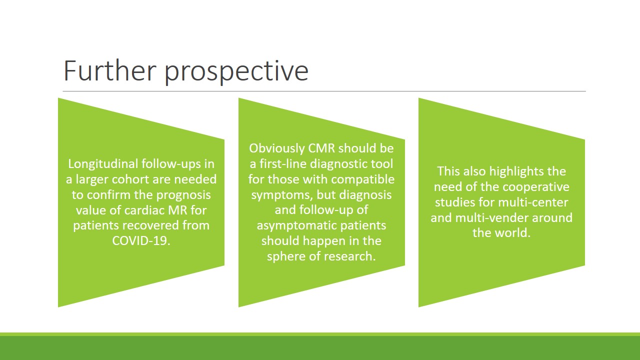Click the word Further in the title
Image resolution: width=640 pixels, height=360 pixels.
109,70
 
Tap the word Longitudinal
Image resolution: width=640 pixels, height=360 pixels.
103,164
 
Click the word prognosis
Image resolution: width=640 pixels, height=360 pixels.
183,195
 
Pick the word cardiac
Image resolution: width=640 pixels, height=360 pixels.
144,210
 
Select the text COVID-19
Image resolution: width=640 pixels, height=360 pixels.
141,241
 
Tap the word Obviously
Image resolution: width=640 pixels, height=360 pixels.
277,149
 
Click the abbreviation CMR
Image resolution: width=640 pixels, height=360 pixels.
321,148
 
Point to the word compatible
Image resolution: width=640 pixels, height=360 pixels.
363,180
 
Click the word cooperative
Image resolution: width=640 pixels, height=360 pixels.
536,187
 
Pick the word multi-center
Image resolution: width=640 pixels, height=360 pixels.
533,202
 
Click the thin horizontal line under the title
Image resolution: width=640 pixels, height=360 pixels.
324,91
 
